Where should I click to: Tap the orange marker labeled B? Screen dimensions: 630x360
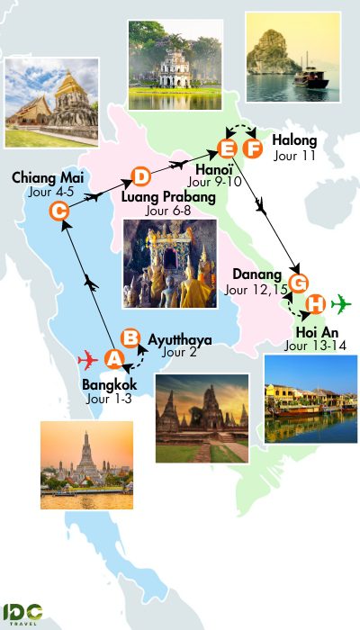pos(130,337)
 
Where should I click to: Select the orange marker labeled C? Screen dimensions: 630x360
pos(59,211)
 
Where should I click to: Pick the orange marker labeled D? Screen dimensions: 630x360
pos(140,176)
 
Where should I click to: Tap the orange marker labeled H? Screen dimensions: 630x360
pos(315,304)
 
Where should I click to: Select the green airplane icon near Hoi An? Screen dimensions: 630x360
pos(341,303)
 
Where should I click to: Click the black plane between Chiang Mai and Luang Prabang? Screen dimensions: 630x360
pos(93,195)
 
